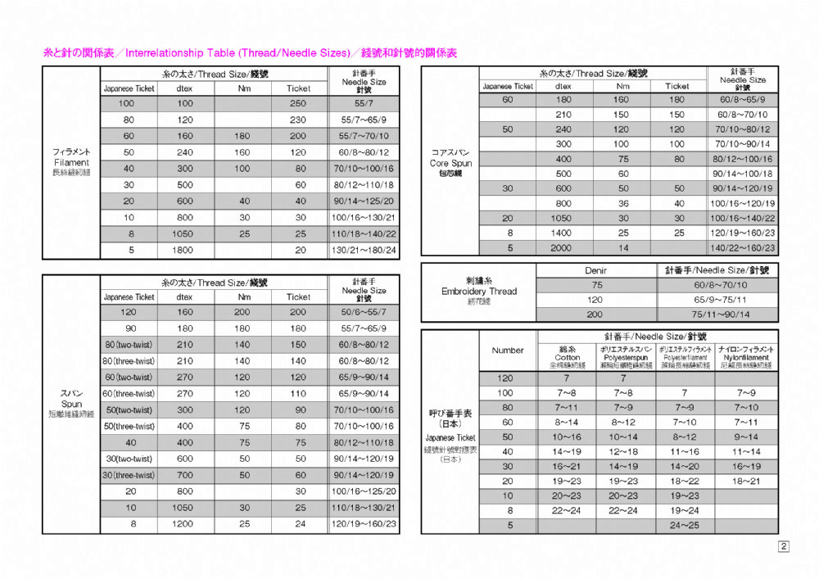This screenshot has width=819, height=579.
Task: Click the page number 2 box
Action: (x=784, y=546)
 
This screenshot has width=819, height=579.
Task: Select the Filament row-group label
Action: (x=71, y=162)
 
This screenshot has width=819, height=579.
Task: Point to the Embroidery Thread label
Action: (x=479, y=291)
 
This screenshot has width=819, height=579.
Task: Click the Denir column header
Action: (x=596, y=269)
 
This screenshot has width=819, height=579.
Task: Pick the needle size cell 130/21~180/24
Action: (x=364, y=250)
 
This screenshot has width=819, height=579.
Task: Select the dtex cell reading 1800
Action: (x=185, y=250)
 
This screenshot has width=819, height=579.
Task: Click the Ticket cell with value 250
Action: (x=298, y=103)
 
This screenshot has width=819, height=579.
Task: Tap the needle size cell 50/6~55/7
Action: (x=364, y=312)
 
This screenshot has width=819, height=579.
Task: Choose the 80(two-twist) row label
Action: (x=129, y=345)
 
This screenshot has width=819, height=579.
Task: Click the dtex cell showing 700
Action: (x=185, y=475)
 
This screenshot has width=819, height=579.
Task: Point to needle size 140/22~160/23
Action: (x=743, y=247)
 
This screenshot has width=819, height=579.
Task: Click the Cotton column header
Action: (x=567, y=357)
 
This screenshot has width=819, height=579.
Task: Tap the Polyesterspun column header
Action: (x=626, y=357)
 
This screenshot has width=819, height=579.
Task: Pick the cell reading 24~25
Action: (x=684, y=525)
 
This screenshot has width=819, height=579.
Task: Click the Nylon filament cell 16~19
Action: (x=745, y=466)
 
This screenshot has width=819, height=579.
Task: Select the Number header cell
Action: (x=508, y=350)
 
